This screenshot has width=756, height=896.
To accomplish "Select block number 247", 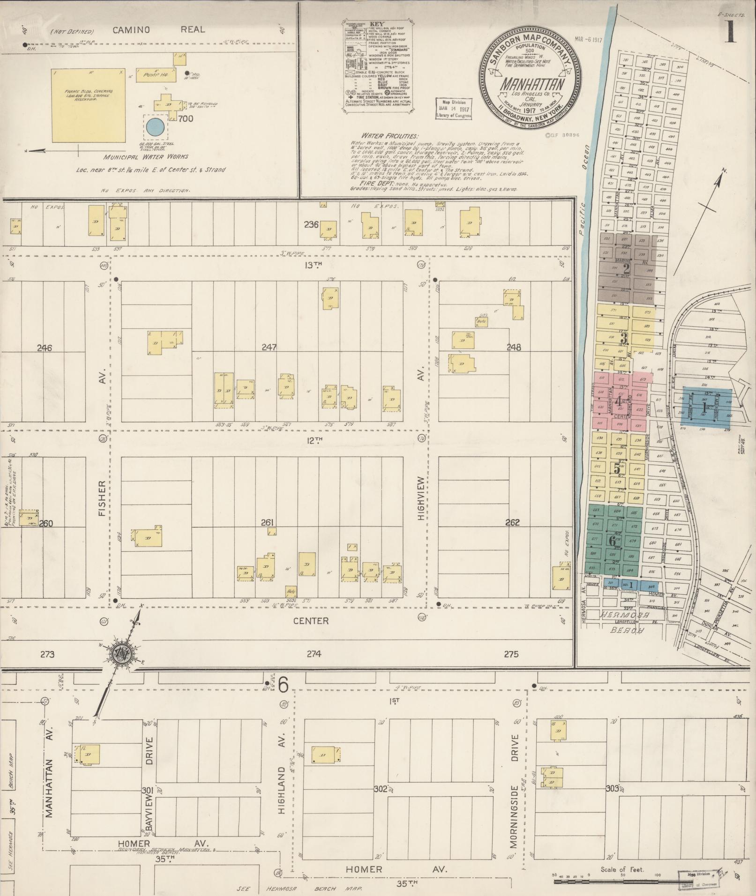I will [x=269, y=347].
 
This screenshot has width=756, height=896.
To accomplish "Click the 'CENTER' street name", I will [x=311, y=621].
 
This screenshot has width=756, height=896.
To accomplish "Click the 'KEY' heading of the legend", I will [x=376, y=23].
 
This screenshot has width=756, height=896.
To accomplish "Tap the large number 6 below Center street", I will [x=283, y=686].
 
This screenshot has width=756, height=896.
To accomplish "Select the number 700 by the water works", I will [x=186, y=119].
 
